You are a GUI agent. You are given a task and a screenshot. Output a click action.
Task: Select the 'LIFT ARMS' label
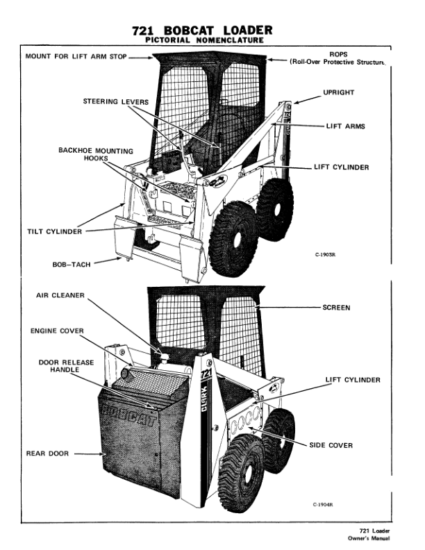pyautogui.click(x=345, y=127)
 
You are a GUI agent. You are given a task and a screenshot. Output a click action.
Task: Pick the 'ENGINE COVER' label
pyautogui.click(x=57, y=331)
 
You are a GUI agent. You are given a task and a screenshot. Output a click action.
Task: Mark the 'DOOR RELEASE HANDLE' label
pyautogui.click(x=63, y=367)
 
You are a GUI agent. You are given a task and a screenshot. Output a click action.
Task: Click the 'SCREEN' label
pyautogui.click(x=337, y=307)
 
